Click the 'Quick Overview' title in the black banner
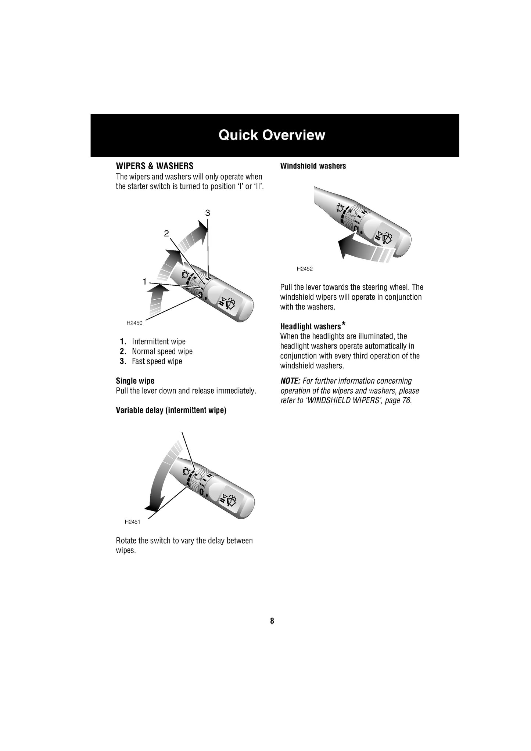(272, 135)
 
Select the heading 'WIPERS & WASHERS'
(154, 166)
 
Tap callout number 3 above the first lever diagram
(208, 213)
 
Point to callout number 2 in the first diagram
(166, 233)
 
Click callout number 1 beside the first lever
(145, 282)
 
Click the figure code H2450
(134, 323)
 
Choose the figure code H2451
(132, 521)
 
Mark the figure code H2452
(305, 269)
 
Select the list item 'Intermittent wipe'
(159, 342)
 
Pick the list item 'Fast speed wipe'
(157, 361)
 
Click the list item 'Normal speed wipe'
(162, 351)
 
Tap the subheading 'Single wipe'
(135, 381)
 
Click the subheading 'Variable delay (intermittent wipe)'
(171, 410)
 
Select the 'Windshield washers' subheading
(313, 166)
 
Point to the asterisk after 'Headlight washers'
(343, 324)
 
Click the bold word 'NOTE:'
(290, 381)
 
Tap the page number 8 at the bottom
(272, 621)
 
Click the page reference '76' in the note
(406, 401)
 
